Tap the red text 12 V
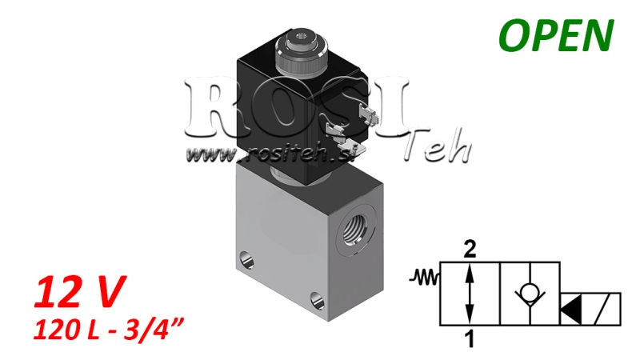(x=78, y=294)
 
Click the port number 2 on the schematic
(x=470, y=249)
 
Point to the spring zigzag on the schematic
(x=424, y=278)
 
